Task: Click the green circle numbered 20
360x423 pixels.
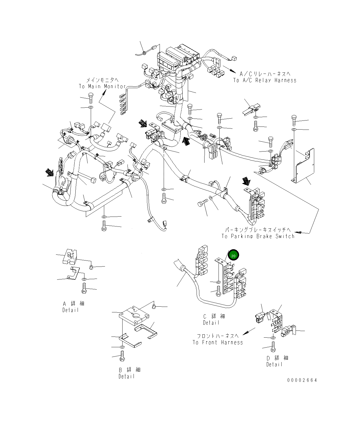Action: tap(234, 256)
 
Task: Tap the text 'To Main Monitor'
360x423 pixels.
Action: tap(102, 86)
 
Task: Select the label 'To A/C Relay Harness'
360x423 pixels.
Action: tap(265, 80)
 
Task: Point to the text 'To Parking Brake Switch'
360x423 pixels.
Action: tap(258, 236)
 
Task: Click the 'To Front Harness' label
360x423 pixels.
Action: tap(218, 342)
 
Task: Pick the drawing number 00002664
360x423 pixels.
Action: tap(302, 380)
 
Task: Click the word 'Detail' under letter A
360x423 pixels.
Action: tap(70, 310)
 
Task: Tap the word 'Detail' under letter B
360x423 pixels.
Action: tap(127, 376)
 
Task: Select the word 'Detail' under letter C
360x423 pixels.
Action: tap(211, 323)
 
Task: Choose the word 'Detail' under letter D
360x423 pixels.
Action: tap(274, 365)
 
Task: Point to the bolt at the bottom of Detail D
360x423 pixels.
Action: tap(273, 347)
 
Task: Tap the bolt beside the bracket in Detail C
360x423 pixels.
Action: tap(219, 291)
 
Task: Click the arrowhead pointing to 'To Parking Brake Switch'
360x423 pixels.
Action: tap(297, 232)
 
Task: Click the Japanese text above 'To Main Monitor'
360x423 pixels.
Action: tap(102, 80)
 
